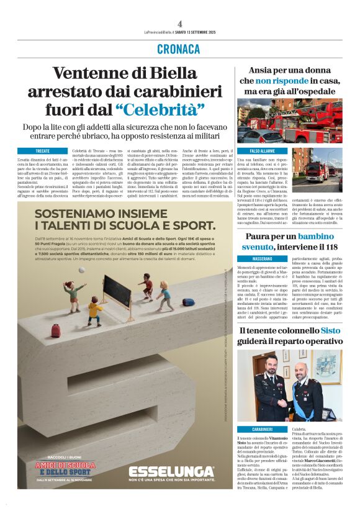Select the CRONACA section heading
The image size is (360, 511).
point(179,49)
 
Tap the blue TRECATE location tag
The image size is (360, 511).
point(42,150)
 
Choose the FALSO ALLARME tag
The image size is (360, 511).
point(262,151)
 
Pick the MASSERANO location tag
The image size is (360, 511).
point(262,258)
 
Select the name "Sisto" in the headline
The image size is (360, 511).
point(330,331)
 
